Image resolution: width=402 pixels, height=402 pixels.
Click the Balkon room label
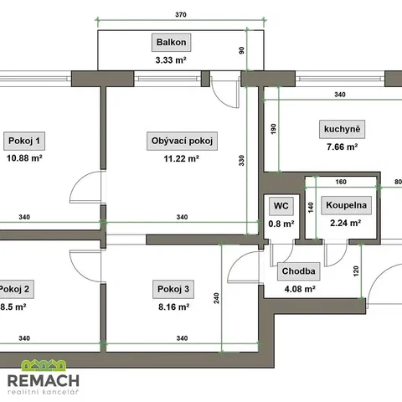[x=171, y=43]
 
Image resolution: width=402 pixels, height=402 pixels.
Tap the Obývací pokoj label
[x=182, y=141]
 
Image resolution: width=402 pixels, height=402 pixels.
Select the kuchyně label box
[x=342, y=129]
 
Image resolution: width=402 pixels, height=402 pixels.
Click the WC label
[x=281, y=206]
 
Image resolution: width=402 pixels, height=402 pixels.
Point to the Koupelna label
[x=346, y=205]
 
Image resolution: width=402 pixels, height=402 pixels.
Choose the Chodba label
[x=298, y=271]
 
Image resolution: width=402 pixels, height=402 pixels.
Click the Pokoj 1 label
[x=24, y=141]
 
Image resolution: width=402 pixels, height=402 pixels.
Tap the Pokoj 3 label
[x=173, y=289]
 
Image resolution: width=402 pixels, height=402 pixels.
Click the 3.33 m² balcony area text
[x=171, y=60]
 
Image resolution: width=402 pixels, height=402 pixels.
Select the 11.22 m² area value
[x=181, y=158]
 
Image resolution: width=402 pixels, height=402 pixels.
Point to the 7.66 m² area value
[x=343, y=147]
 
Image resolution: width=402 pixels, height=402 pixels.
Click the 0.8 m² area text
[x=281, y=224]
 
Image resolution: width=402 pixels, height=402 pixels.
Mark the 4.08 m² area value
[x=300, y=289]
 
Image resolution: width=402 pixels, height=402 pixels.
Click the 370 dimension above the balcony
[x=181, y=14]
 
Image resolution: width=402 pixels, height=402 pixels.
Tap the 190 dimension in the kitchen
[x=273, y=129]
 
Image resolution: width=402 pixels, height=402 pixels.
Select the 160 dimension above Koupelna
[x=341, y=182]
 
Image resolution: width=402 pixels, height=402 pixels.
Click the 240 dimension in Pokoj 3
[x=216, y=298]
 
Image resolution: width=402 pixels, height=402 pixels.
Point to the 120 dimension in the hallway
[x=356, y=271]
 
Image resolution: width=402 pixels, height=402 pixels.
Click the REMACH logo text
[x=44, y=381]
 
